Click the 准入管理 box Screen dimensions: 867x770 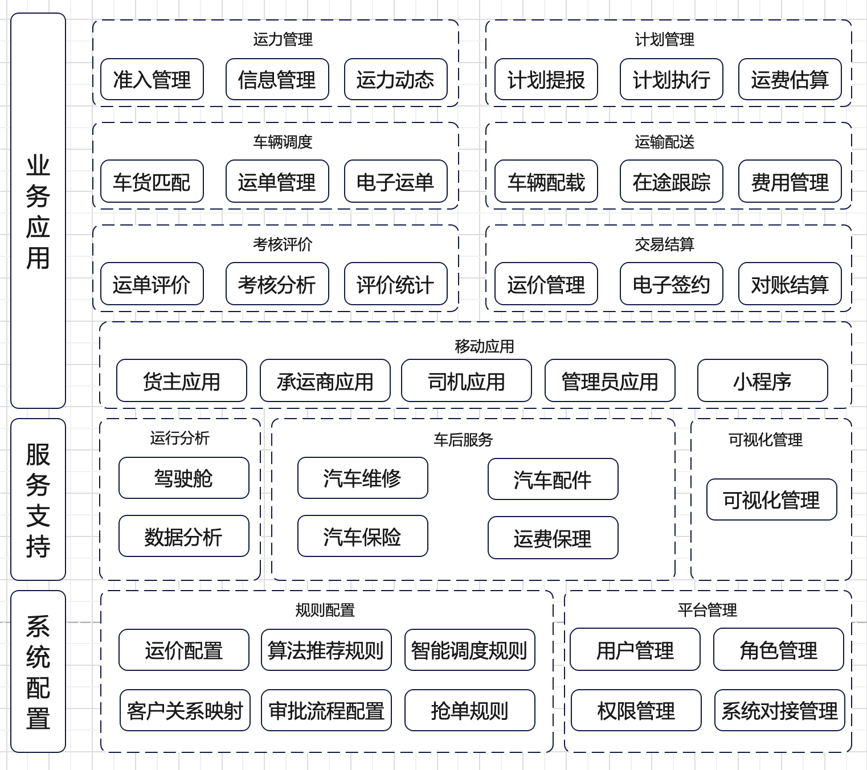(x=152, y=80)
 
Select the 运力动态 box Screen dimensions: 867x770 (x=396, y=80)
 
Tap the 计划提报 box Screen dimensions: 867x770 (x=546, y=80)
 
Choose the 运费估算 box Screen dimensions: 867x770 (x=790, y=80)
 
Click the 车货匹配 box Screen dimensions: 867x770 (x=152, y=181)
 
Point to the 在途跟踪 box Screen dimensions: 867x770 (x=672, y=181)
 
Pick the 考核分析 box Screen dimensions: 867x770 (x=277, y=284)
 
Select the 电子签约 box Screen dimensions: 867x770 (x=672, y=284)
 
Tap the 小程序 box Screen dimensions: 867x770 (x=763, y=380)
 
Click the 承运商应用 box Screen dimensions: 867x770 (x=325, y=380)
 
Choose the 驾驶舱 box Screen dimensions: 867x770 (x=184, y=478)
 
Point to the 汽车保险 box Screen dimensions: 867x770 (x=363, y=536)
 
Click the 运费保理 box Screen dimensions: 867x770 (x=553, y=538)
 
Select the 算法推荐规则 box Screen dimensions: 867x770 (x=326, y=650)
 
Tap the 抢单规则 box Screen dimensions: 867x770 (x=470, y=710)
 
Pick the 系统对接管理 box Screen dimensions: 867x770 (x=780, y=710)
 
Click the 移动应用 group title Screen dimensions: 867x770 (x=484, y=346)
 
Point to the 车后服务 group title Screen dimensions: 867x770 (x=464, y=440)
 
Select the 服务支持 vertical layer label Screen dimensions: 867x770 (x=38, y=499)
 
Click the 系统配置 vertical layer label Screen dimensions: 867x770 (x=38, y=671)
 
